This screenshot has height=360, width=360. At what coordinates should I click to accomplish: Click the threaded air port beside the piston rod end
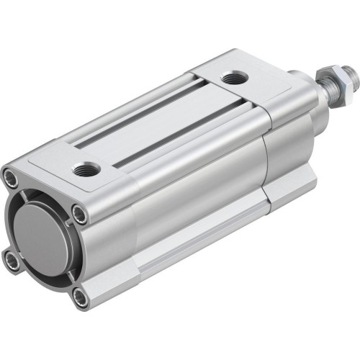[232, 78]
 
